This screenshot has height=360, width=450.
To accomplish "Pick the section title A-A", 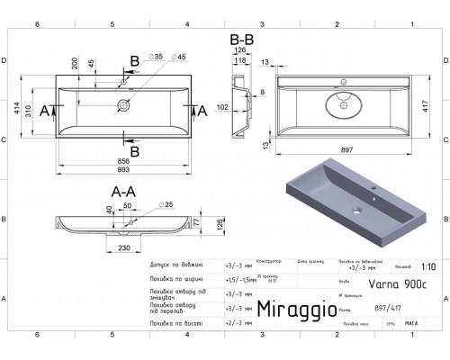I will [123, 191].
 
